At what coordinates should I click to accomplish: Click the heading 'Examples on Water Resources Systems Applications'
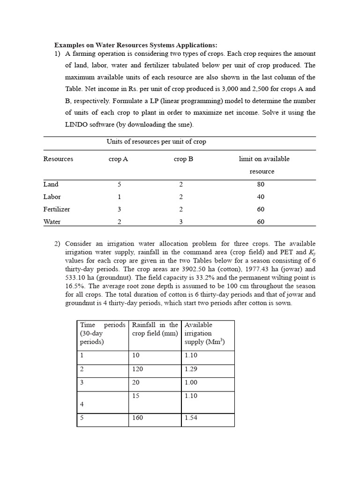coord(136,45)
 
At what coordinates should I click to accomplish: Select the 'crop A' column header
coord(118,159)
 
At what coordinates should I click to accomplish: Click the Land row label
coord(51,184)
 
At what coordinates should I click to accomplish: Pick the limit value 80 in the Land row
coord(261,184)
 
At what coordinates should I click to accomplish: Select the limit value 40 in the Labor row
coord(261,197)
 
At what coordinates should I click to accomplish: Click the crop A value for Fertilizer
coord(119,209)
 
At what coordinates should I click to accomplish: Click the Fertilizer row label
coord(57,209)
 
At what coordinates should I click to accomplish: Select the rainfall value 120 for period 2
coord(137,369)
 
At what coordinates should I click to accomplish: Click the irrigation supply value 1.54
coord(191,418)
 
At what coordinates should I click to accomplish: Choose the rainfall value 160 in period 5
coord(137,418)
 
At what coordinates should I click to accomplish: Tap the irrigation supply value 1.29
coord(191,369)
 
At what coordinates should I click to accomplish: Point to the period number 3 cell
coord(82,382)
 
